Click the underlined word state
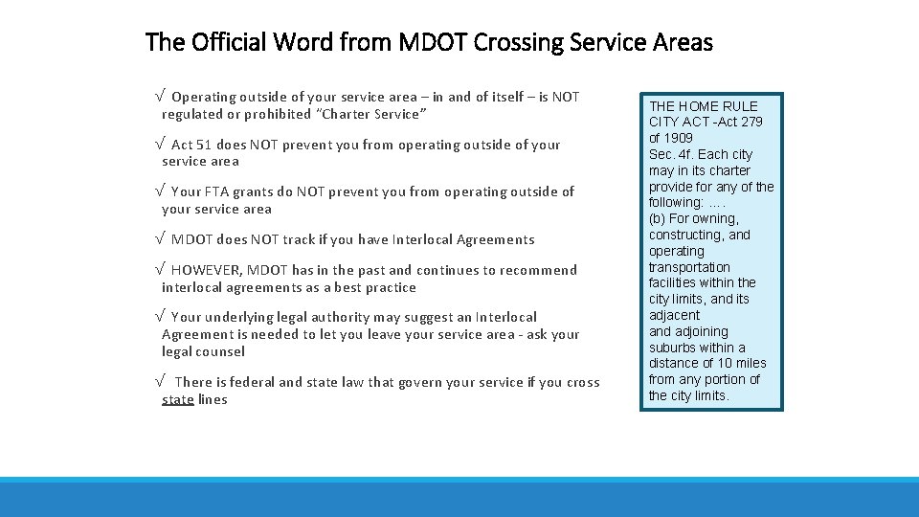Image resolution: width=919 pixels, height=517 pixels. [178, 399]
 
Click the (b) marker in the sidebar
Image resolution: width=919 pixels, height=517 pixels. [659, 218]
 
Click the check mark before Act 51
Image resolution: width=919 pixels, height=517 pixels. [159, 145]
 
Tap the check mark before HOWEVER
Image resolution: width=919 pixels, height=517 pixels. [159, 270]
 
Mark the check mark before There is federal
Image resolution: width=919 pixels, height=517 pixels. [159, 382]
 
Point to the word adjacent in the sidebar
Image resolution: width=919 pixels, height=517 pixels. [674, 315]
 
